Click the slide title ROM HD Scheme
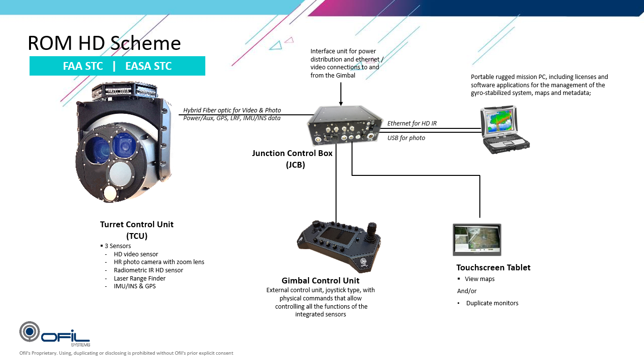click(104, 43)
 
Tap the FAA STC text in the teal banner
click(83, 66)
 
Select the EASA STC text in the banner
click(148, 66)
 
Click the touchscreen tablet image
click(477, 239)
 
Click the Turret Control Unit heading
click(137, 224)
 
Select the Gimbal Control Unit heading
click(320, 281)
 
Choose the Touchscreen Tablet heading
click(493, 267)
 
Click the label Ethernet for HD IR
click(412, 124)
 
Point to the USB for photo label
click(406, 138)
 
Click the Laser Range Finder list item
click(139, 278)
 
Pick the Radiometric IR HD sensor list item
click(148, 270)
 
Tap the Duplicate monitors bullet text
click(492, 303)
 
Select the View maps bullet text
click(479, 279)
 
